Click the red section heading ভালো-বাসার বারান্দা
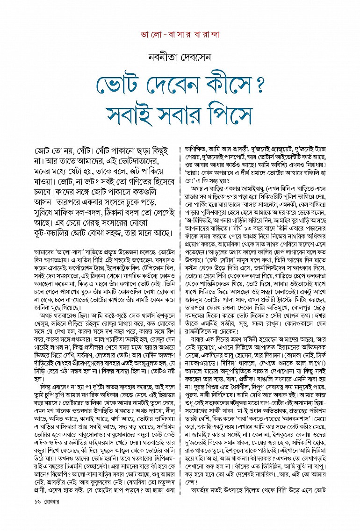click(x=180, y=36)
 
